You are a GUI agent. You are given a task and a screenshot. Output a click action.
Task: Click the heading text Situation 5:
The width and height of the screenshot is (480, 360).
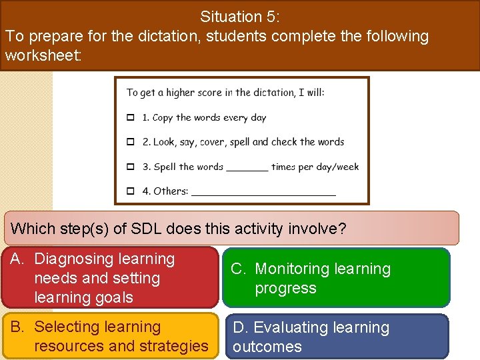pyautogui.click(x=241, y=17)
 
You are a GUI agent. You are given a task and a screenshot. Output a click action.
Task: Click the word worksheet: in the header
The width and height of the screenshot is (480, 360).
pyautogui.click(x=43, y=55)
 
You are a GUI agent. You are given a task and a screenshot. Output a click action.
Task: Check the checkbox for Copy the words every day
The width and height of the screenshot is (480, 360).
pyautogui.click(x=131, y=118)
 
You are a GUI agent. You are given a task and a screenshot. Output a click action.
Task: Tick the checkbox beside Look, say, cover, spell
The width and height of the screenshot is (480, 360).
pyautogui.click(x=131, y=142)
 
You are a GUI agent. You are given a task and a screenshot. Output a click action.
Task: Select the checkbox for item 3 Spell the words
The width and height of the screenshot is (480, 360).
pyautogui.click(x=131, y=167)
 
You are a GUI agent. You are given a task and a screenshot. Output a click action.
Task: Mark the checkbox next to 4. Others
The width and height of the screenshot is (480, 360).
pyautogui.click(x=131, y=191)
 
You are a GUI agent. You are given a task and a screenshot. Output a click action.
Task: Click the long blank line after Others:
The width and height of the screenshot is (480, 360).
pyautogui.click(x=263, y=193)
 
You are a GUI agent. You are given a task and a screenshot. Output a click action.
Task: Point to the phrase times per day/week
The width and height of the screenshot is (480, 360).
pyautogui.click(x=315, y=167)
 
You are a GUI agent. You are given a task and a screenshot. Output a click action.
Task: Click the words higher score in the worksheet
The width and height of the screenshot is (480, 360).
pyautogui.click(x=194, y=93)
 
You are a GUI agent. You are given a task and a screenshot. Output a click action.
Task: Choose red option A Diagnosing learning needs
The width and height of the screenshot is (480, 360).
pyautogui.click(x=109, y=278)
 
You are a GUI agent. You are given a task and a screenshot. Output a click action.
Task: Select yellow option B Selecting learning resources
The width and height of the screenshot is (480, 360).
pyautogui.click(x=109, y=336)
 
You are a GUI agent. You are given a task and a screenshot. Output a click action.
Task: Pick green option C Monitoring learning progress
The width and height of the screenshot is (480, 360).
pyautogui.click(x=337, y=278)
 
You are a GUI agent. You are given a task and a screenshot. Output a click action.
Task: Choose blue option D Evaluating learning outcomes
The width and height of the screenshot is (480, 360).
pyautogui.click(x=337, y=337)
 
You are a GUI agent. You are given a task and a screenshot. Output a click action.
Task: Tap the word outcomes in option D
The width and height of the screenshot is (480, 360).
pyautogui.click(x=267, y=347)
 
